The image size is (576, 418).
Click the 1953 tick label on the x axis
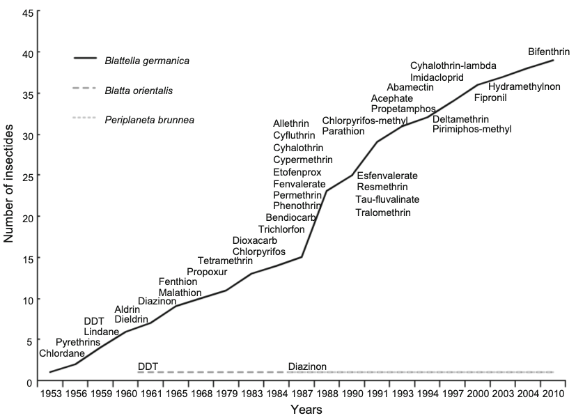49,394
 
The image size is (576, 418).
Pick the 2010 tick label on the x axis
553,394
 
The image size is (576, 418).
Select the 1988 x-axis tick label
327,394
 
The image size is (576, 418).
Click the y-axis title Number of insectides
10,189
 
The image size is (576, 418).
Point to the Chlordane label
61,353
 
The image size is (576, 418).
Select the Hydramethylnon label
524,86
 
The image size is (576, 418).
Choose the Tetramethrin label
225,261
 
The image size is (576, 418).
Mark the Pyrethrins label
77,342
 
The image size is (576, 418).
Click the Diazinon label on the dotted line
307,366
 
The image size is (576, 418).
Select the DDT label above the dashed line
148,366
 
